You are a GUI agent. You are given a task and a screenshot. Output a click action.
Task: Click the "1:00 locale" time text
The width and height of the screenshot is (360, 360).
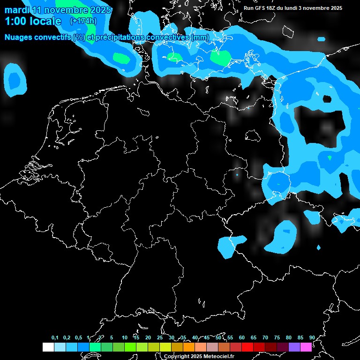tap(33, 21)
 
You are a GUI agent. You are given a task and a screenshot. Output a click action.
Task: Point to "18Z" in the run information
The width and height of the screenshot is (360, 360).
tap(270, 8)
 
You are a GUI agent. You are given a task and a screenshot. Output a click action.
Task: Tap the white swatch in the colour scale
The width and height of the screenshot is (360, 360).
tap(48, 347)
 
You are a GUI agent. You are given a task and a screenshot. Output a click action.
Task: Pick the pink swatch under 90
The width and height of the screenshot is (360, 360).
tap(306, 347)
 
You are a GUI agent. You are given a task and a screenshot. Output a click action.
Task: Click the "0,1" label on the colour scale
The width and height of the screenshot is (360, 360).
tap(55, 337)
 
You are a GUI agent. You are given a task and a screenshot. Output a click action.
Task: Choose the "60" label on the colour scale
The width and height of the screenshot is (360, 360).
tap(241, 337)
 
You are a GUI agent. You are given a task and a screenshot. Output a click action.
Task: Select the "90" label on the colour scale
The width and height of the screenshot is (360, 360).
tap(312, 337)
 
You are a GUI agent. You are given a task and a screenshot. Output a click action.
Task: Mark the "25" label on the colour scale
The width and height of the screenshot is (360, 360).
tap(159, 337)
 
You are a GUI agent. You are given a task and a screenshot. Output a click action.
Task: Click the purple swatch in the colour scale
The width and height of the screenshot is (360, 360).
tap(294, 347)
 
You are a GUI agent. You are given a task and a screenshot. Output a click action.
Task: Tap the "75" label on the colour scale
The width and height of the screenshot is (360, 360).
tap(277, 337)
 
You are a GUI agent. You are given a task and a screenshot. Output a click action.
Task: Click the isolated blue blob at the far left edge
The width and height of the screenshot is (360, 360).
tap(15, 79)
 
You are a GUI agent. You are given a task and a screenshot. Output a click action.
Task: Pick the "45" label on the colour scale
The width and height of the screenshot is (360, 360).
tap(206, 337)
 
